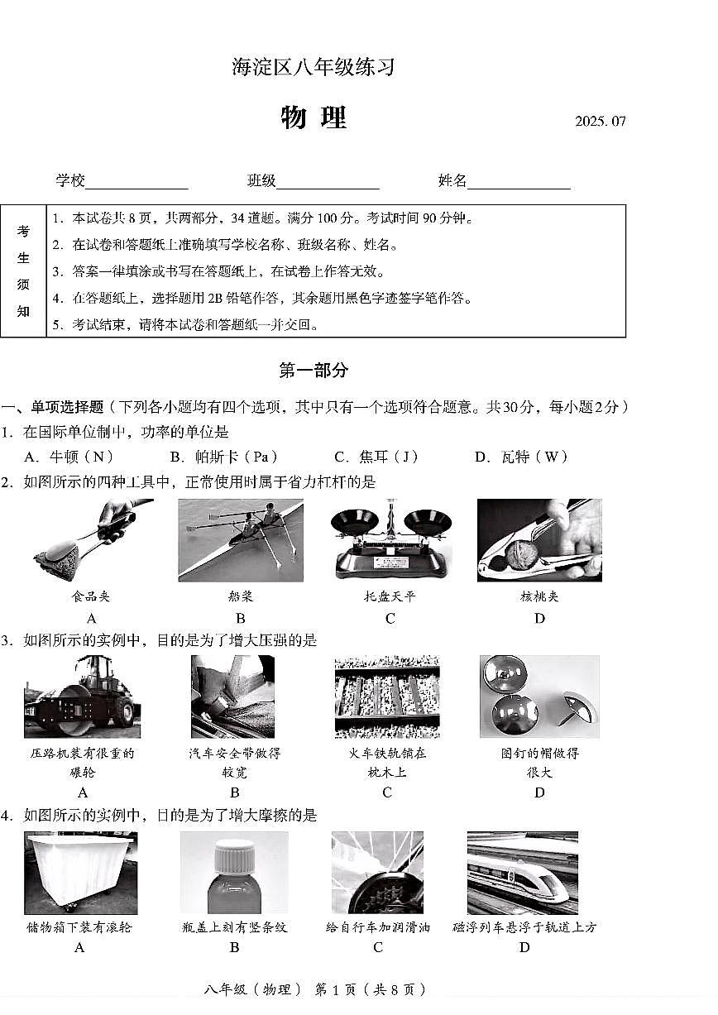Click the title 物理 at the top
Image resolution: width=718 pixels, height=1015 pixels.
pos(313,118)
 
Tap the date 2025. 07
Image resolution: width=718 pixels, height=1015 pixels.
pos(601,122)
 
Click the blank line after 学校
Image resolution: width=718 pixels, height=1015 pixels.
pos(136,182)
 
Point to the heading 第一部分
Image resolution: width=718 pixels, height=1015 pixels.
pos(314,371)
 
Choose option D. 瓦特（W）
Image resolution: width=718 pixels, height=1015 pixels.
pos(522,457)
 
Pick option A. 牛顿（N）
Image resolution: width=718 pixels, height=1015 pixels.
pos(69,457)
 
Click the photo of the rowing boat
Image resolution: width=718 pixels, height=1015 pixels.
pos(240,540)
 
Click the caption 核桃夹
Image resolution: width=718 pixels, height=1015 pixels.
pos(539,596)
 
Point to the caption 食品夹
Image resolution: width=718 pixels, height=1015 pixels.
pos(91,596)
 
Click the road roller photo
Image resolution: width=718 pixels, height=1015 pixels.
pos(82,697)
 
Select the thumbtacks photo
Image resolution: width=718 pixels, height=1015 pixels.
pos(538,697)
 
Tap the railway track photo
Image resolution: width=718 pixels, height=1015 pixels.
pos(386,697)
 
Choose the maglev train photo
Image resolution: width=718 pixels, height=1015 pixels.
pos(522,873)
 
